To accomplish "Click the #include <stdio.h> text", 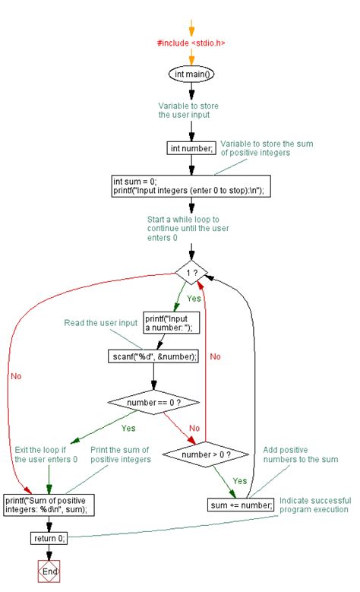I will pyautogui.click(x=191, y=43).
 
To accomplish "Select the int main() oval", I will pyautogui.click(x=191, y=74).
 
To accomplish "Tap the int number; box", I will pyautogui.click(x=191, y=148).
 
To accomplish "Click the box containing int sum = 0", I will pyautogui.click(x=191, y=186).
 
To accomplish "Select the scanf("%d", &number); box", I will pyautogui.click(x=155, y=356).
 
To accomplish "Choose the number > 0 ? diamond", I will pyautogui.click(x=201, y=455).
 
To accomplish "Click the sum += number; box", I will pyautogui.click(x=240, y=505).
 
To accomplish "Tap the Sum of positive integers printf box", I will pyautogui.click(x=50, y=505).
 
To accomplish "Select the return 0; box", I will pyautogui.click(x=49, y=538).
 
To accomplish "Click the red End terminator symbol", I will pyautogui.click(x=49, y=571).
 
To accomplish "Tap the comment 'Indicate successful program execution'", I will pyautogui.click(x=312, y=505).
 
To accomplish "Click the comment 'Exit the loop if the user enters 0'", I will pyautogui.click(x=46, y=454).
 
